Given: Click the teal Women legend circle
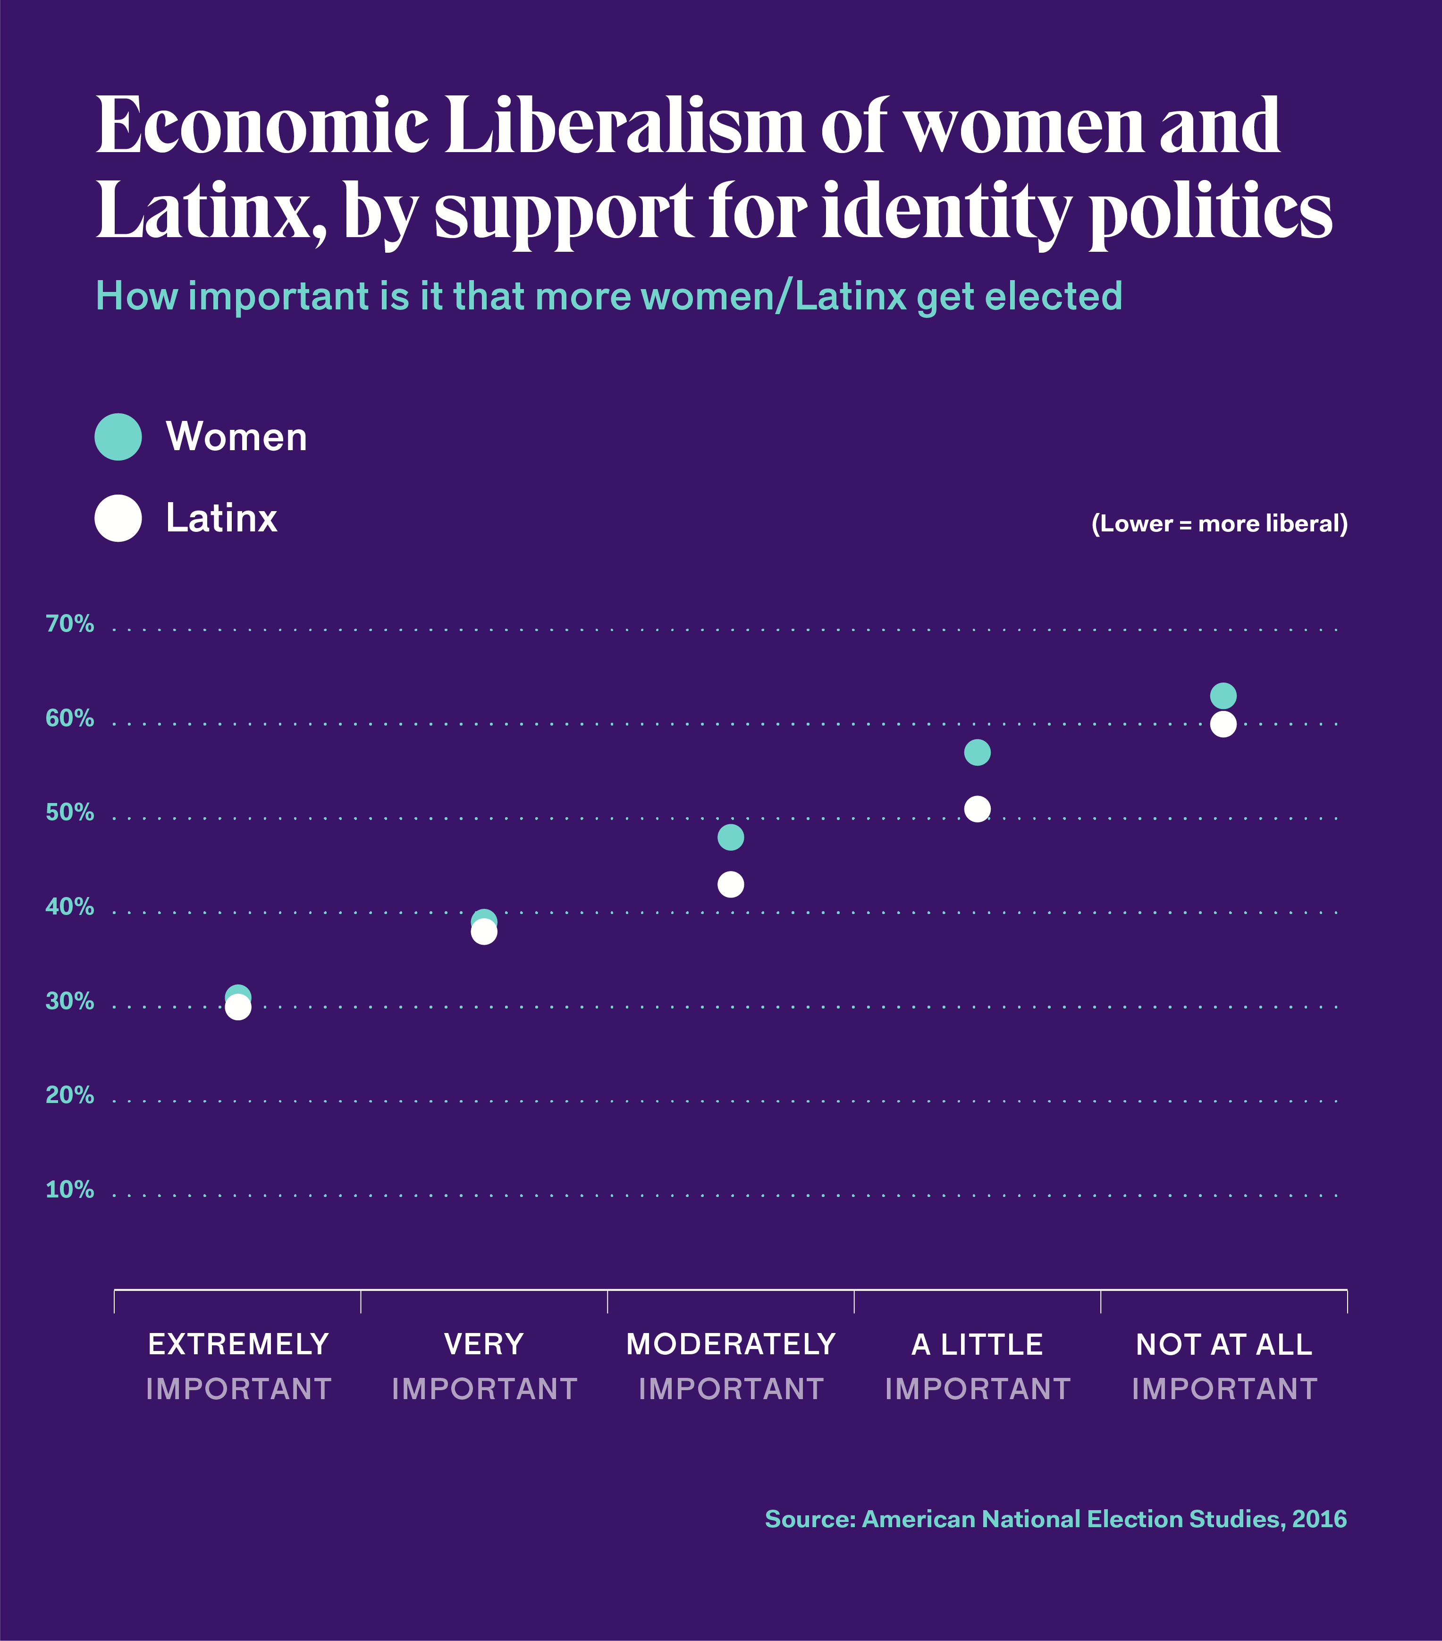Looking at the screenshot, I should pyautogui.click(x=118, y=437).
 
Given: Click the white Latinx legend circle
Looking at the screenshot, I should pyautogui.click(x=118, y=518).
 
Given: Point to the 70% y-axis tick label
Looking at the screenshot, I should pyautogui.click(x=70, y=624).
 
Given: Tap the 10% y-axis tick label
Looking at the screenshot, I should pyautogui.click(x=70, y=1190).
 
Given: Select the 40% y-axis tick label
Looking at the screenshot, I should pyautogui.click(x=70, y=907).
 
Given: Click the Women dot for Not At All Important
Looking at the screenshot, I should pyautogui.click(x=1223, y=695).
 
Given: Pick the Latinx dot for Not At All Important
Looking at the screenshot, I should pyautogui.click(x=1223, y=724).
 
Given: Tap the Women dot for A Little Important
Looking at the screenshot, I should pyautogui.click(x=977, y=752).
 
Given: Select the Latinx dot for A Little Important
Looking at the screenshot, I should pyautogui.click(x=977, y=809).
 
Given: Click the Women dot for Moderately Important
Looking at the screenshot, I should pyautogui.click(x=730, y=838).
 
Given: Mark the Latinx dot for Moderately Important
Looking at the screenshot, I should pyautogui.click(x=730, y=885).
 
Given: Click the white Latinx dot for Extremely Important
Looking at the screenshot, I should pyautogui.click(x=237, y=1008).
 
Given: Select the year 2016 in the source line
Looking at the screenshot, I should pyautogui.click(x=1319, y=1519).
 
